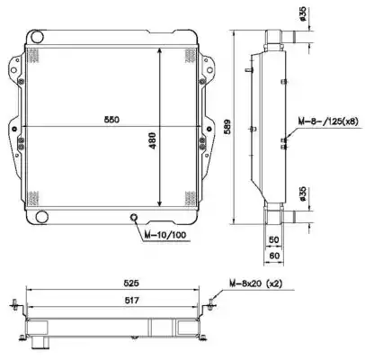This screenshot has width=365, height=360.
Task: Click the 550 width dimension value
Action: coord(111,120)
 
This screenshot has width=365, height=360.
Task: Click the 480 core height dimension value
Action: coord(153,140)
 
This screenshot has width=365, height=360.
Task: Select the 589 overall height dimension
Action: coord(227,127)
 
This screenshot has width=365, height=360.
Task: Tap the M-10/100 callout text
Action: coord(165,235)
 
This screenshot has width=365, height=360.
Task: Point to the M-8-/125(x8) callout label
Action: coord(328,121)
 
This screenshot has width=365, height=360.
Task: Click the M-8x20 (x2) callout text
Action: coord(256,283)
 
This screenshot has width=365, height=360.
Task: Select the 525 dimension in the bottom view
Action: coord(131,283)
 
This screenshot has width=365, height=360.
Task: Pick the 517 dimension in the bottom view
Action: coord(131,300)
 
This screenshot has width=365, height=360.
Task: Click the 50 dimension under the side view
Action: coord(274,239)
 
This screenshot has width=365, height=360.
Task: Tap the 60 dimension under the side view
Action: coord(274,256)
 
